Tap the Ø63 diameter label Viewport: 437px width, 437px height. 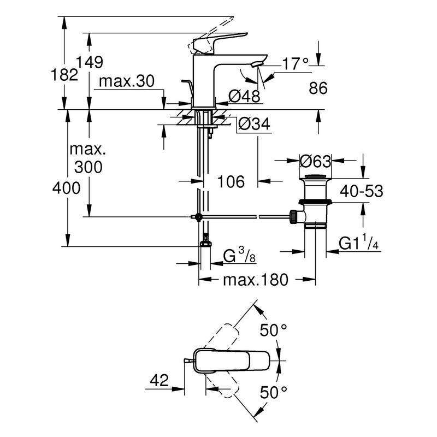coord(316,162)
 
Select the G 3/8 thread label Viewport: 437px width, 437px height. coord(239,255)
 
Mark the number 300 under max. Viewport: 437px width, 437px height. coord(88,167)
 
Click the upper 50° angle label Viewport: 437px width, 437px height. coord(273,330)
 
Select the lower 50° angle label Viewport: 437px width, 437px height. coord(273,392)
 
